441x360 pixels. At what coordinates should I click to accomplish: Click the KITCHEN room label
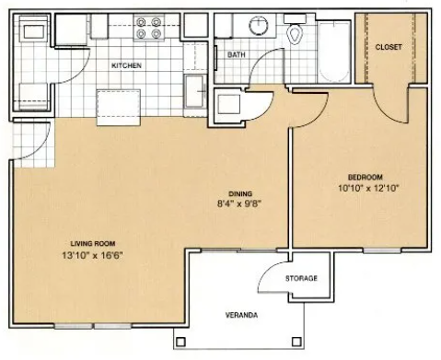(x=126, y=65)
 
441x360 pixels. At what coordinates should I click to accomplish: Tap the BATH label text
(x=237, y=55)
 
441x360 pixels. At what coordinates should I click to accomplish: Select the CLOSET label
(x=389, y=47)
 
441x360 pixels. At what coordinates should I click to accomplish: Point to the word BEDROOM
(x=366, y=177)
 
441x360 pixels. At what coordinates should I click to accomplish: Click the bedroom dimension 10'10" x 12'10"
(x=368, y=188)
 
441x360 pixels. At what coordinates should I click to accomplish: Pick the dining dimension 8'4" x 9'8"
(x=239, y=203)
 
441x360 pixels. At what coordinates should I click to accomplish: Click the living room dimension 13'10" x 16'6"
(x=92, y=255)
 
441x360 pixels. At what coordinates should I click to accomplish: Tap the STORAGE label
(x=301, y=278)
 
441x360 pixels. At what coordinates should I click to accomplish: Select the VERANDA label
(x=241, y=315)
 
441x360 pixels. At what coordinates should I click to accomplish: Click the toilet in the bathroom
(x=295, y=29)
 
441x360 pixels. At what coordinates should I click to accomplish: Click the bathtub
(x=334, y=52)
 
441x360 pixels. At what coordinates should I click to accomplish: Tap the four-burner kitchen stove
(x=149, y=27)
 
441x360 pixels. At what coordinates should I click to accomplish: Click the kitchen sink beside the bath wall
(x=195, y=91)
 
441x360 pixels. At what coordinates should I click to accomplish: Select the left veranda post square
(x=180, y=342)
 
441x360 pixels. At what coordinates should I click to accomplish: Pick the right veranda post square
(x=296, y=342)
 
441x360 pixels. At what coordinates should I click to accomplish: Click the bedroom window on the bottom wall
(x=382, y=250)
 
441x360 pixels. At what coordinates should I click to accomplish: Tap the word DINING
(x=240, y=193)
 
